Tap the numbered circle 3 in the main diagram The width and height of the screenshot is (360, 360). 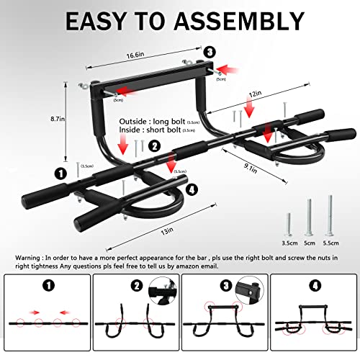point(209,51)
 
